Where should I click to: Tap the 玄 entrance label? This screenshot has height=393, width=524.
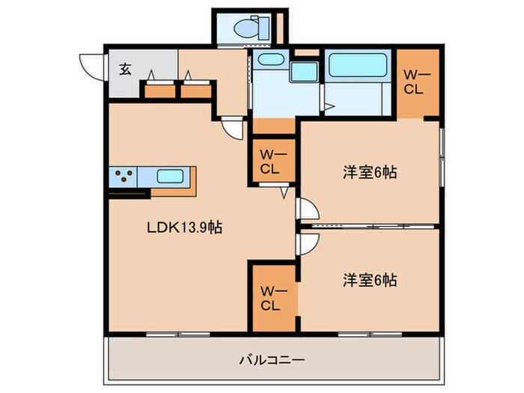tap(125, 70)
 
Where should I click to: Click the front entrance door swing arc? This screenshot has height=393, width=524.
tap(89, 67)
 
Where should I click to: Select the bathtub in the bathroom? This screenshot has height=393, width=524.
tap(356, 66)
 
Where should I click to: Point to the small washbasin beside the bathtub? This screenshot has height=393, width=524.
tap(303, 73)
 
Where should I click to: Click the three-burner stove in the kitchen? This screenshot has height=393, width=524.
tap(126, 177)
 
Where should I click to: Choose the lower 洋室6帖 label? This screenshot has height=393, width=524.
tap(370, 281)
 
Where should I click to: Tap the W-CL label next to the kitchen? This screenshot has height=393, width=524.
tap(269, 162)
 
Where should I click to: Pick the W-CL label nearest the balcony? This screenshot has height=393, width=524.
tap(269, 298)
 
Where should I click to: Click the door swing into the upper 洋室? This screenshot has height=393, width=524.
tap(307, 209)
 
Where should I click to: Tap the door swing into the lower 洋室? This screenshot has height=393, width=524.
tap(307, 243)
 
